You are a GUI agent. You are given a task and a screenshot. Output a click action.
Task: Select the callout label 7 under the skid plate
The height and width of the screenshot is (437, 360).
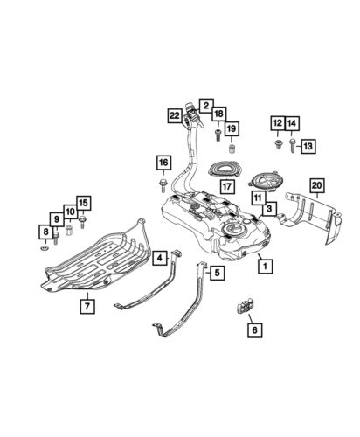pos(87,305)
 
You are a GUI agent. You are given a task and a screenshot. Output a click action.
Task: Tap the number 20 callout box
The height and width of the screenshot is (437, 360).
pos(316,184)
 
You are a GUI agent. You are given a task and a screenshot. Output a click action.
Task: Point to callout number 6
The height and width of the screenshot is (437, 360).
pos(254,329)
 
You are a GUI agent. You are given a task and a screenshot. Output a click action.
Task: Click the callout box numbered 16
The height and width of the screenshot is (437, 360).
pos(163,162)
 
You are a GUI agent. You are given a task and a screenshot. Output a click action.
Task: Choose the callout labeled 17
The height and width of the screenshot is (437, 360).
pos(226,185)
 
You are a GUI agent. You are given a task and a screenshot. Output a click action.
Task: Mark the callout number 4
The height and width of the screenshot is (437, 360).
pos(159,258)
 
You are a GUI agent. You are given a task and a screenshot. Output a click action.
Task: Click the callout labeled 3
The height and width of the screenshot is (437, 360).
pos(270,208)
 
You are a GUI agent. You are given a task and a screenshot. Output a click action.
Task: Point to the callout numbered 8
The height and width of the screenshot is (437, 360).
pos(44,232)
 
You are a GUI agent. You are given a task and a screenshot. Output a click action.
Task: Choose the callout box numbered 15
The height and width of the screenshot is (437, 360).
pos(83,205)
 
